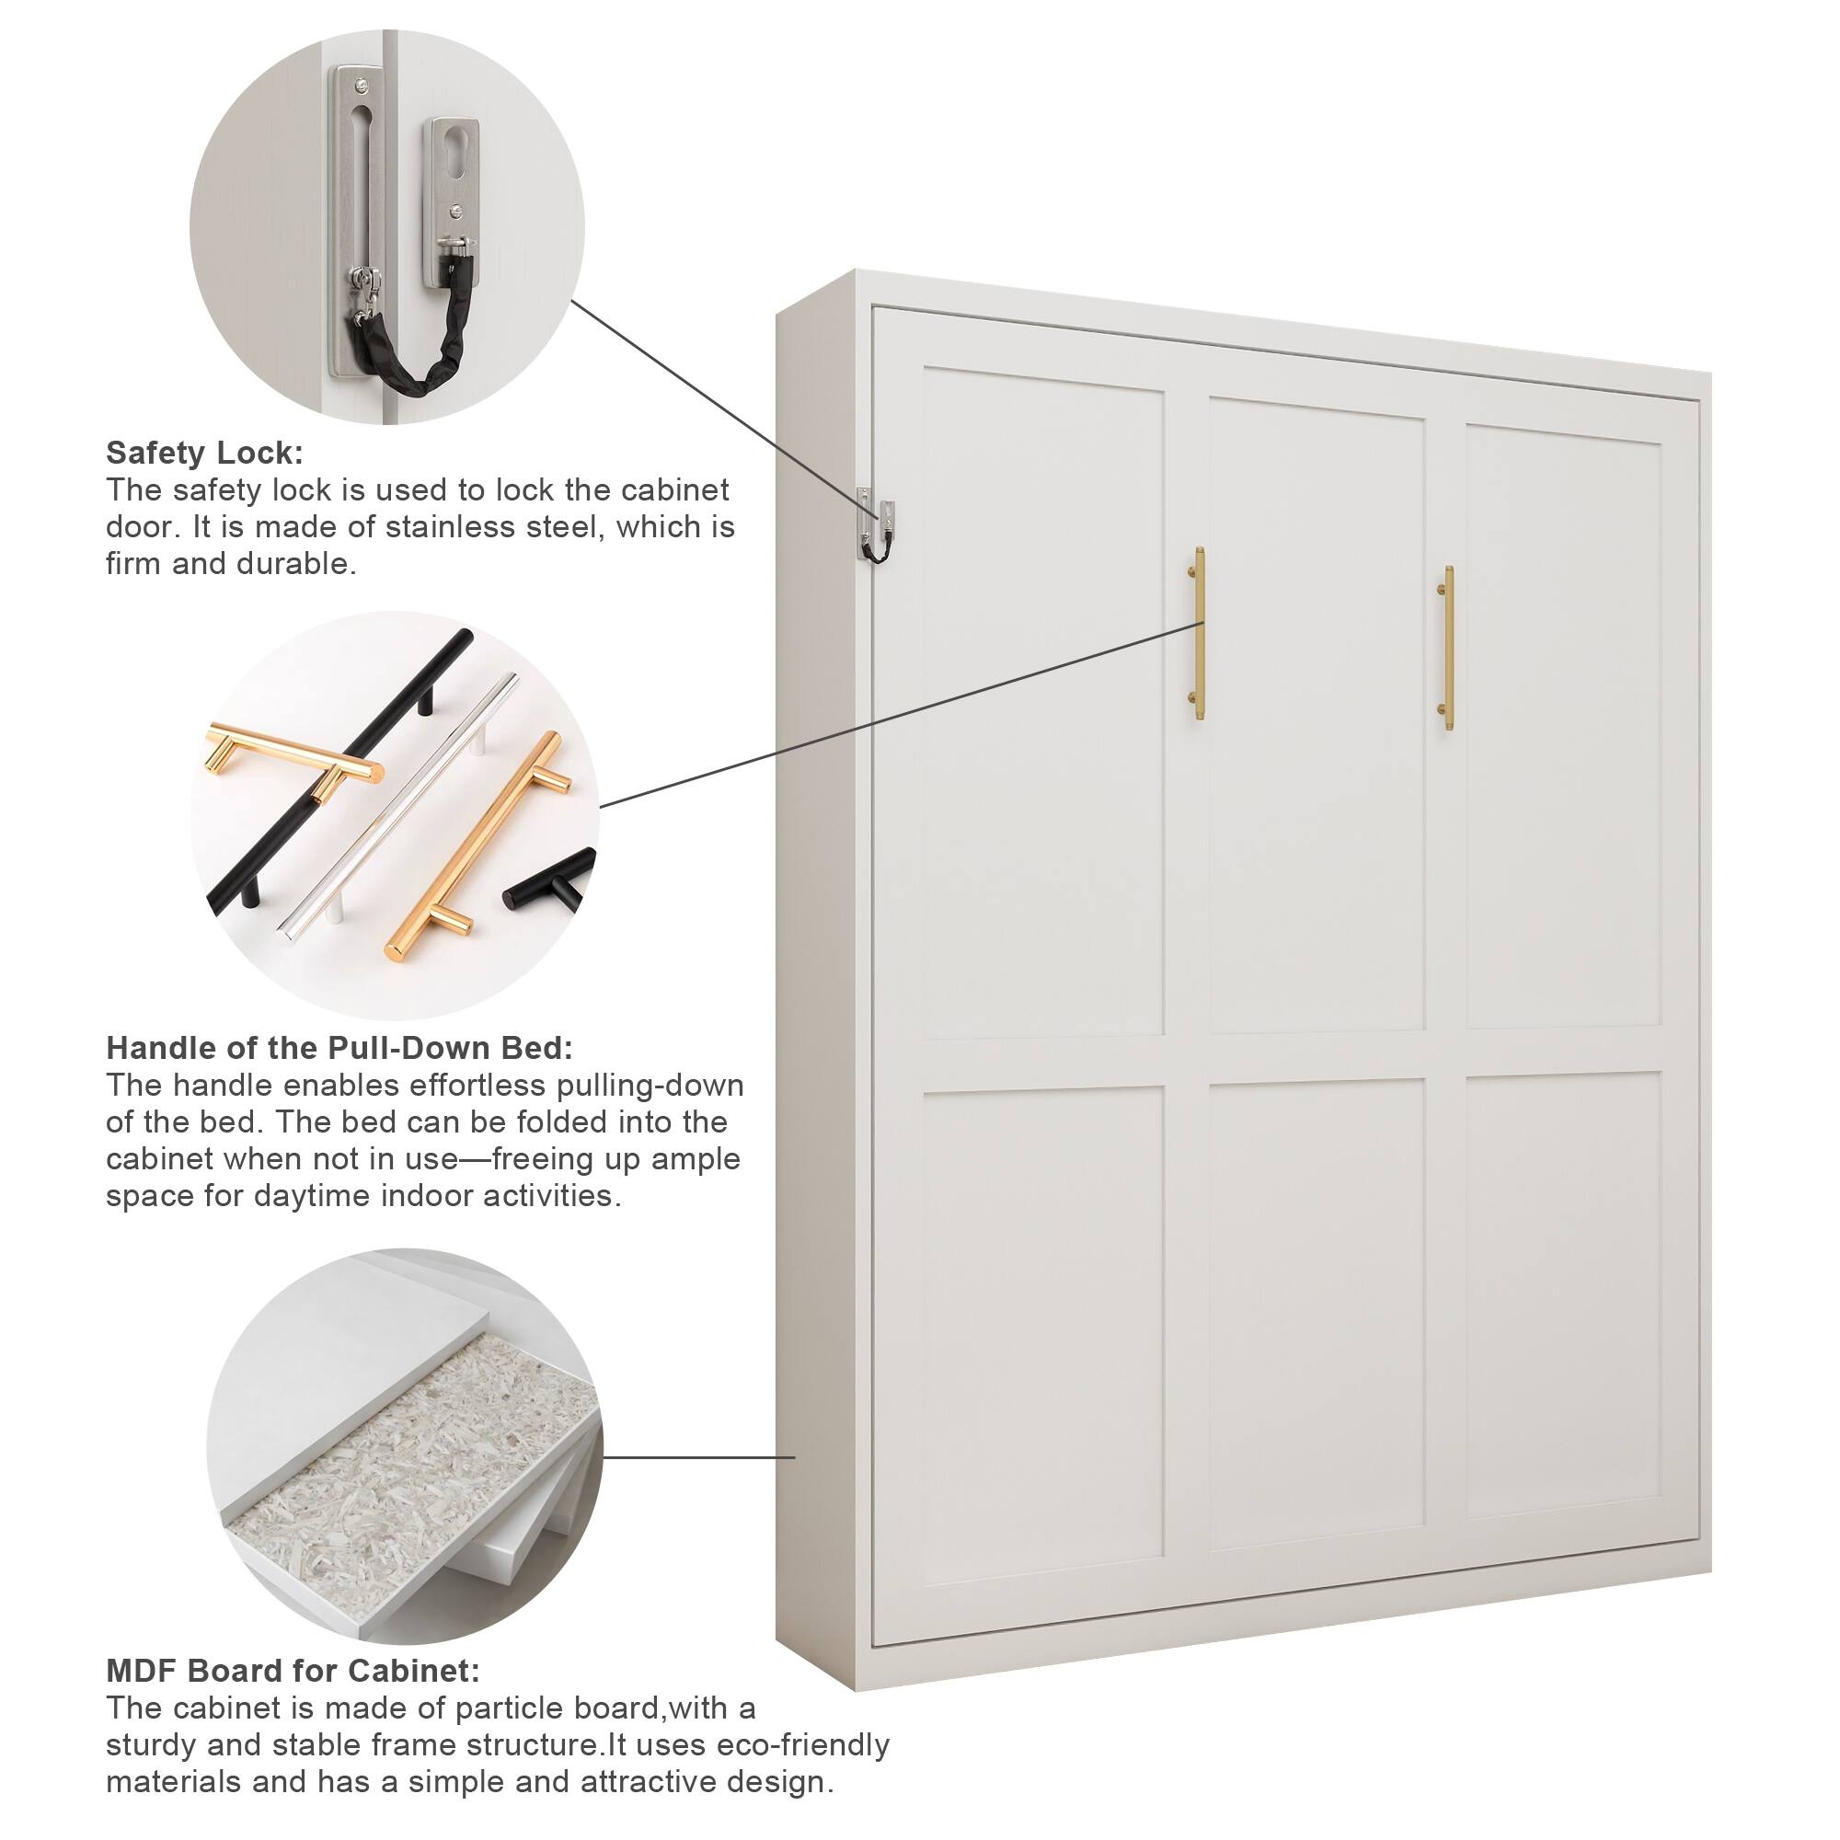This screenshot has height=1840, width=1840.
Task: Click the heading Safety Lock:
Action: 204,453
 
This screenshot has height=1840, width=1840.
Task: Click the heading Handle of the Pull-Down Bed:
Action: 339,1048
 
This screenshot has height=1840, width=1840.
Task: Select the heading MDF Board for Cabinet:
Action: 293,1671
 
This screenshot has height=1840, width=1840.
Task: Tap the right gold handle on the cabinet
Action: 1446,649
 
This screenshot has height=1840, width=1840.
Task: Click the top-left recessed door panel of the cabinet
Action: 1043,705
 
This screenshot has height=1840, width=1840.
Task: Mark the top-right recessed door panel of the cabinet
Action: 1564,729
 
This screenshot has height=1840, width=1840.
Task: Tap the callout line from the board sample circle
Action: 700,1456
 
